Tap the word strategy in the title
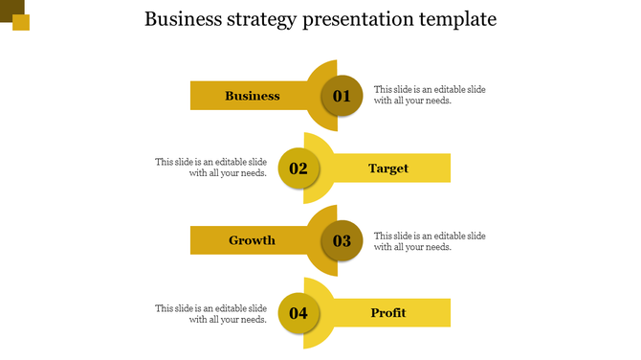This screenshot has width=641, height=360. tap(265, 19)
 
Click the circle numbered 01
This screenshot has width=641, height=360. tap(342, 96)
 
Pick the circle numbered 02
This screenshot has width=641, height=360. tap(298, 169)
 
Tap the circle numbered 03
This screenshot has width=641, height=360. tap(342, 241)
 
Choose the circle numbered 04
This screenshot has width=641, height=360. tap(298, 313)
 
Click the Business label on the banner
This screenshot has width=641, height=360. tap(253, 96)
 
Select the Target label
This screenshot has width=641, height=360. tap(388, 169)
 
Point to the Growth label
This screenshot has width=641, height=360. tap(252, 240)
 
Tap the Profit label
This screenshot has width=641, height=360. tap(388, 313)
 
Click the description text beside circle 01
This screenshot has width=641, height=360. tap(430, 95)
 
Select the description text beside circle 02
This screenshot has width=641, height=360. tap(210, 168)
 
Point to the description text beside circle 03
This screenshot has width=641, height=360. tap(430, 241)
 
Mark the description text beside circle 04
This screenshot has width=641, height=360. tap(210, 314)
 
